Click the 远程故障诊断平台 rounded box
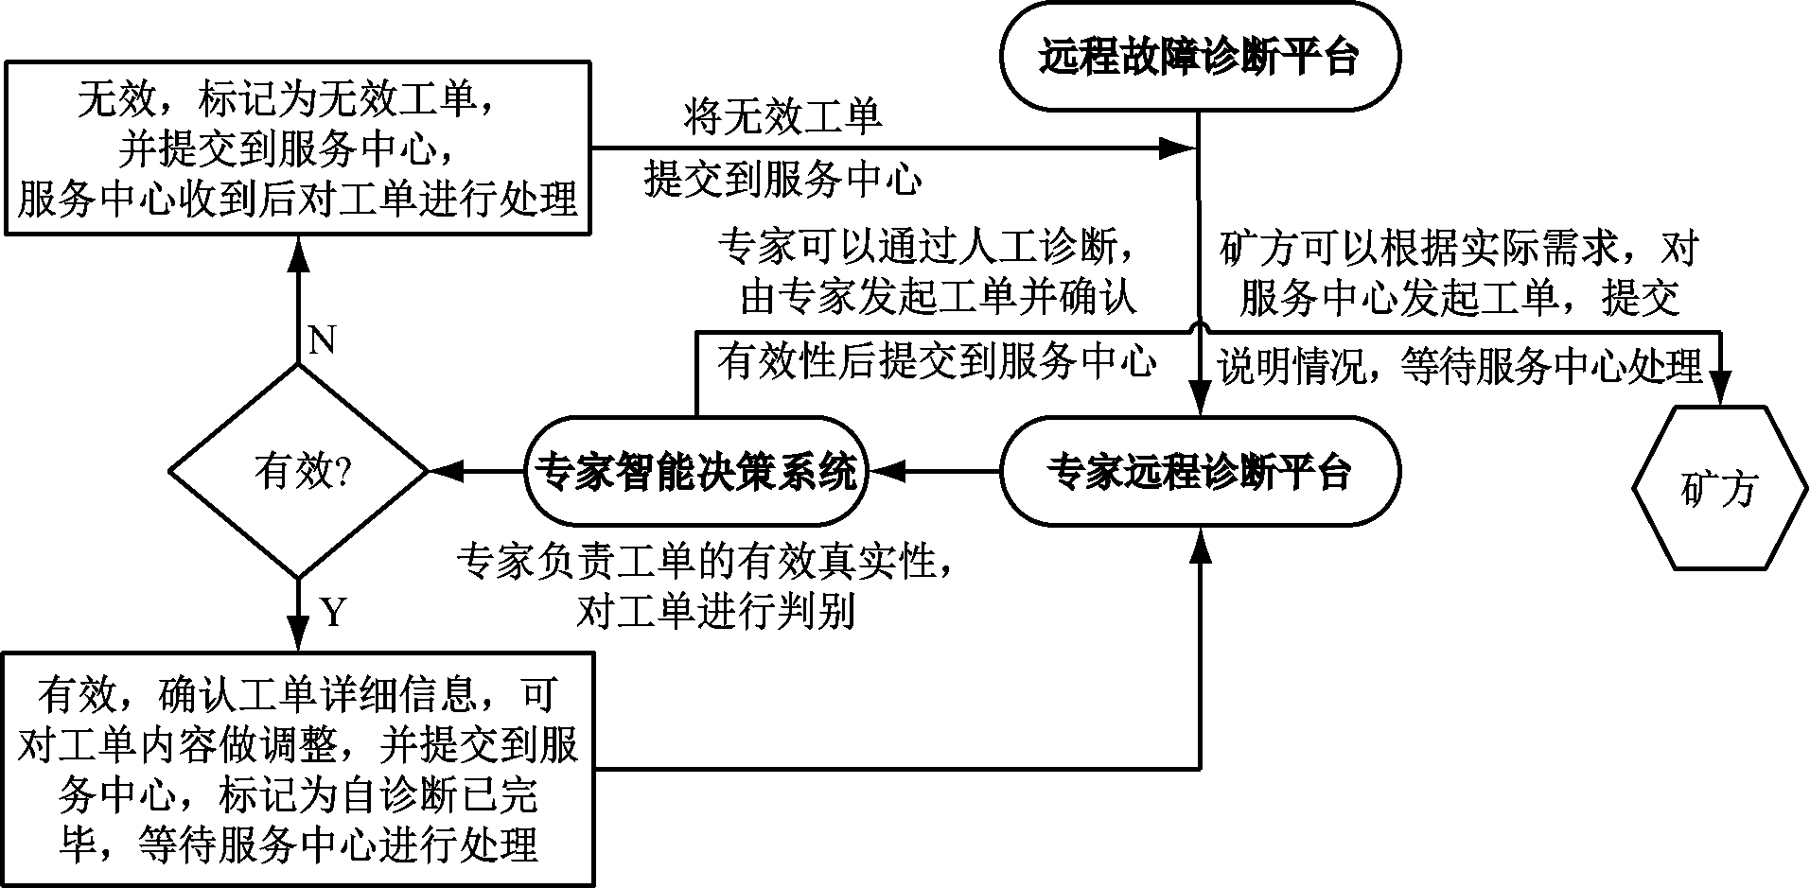(1199, 57)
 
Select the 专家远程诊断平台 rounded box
(1199, 470)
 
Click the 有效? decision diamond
(299, 470)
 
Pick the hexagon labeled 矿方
(1717, 488)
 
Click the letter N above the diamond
(323, 340)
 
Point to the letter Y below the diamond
(334, 614)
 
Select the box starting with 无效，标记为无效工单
(299, 149)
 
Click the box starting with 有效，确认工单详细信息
(299, 769)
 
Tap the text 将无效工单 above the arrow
(782, 116)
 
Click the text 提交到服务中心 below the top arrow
(782, 178)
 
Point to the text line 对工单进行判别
(715, 612)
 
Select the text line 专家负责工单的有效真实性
(705, 564)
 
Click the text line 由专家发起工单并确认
(937, 298)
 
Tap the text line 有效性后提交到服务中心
(937, 362)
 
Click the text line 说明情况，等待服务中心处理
(1459, 366)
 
